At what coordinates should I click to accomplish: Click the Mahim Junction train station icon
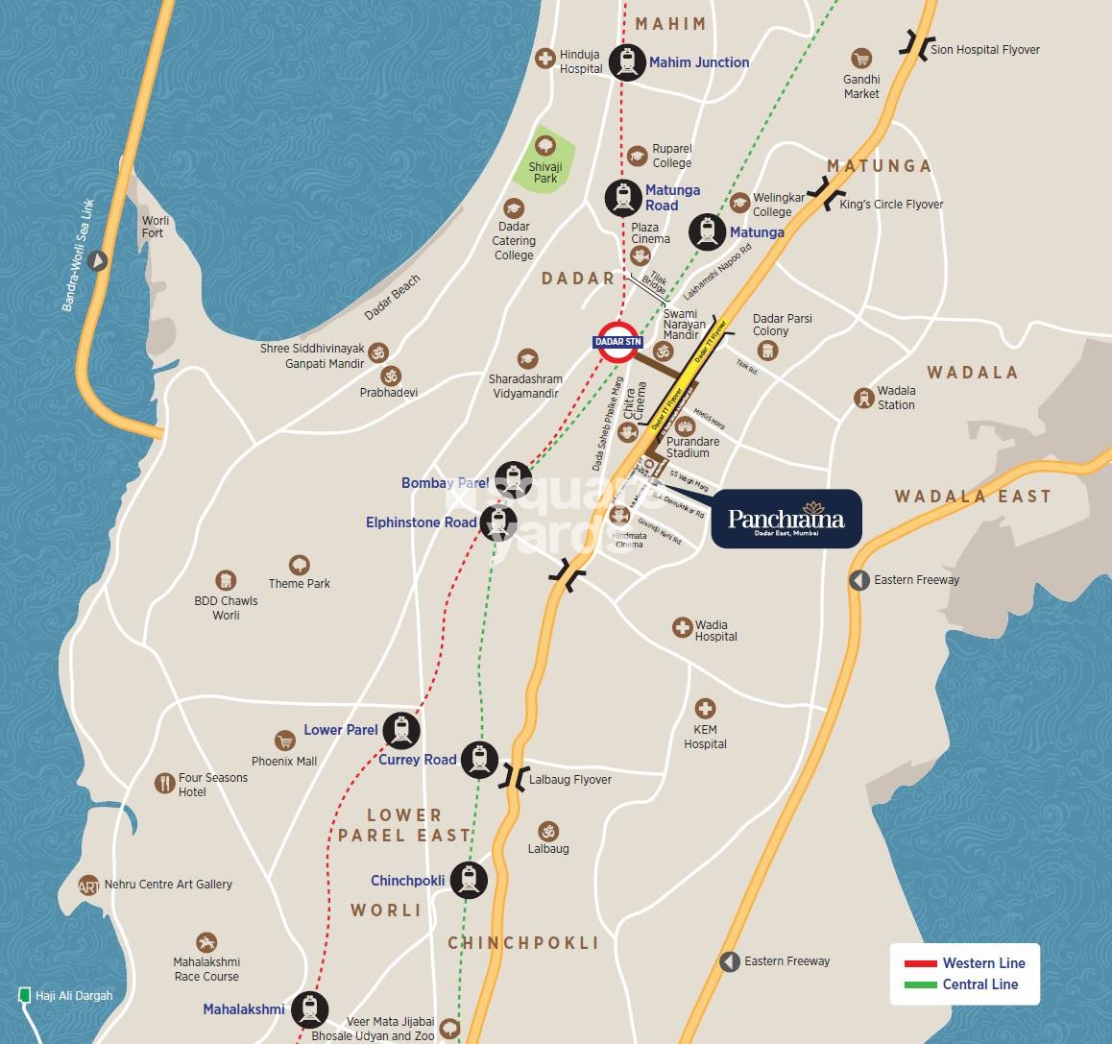(x=628, y=61)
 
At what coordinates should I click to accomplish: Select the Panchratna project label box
(x=786, y=520)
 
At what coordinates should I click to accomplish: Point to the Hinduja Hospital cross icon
(x=545, y=59)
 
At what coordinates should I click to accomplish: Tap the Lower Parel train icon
(x=400, y=731)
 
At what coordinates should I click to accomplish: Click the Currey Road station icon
(x=478, y=759)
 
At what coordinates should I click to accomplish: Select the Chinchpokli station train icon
(x=469, y=879)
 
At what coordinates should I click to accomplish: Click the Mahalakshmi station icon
(x=309, y=1009)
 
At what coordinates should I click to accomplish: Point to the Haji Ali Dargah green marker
(x=24, y=995)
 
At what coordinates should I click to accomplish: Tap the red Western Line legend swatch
(x=920, y=963)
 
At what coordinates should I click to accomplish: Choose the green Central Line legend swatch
(x=920, y=984)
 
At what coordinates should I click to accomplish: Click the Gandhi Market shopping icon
(x=860, y=59)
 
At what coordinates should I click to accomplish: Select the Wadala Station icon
(x=863, y=397)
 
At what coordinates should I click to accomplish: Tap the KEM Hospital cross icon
(x=705, y=710)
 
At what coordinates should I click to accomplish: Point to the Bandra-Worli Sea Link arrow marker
(x=98, y=260)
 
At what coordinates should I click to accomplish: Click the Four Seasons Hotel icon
(x=164, y=783)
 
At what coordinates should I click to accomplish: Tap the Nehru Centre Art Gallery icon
(x=89, y=885)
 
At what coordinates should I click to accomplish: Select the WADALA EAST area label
(x=973, y=497)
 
